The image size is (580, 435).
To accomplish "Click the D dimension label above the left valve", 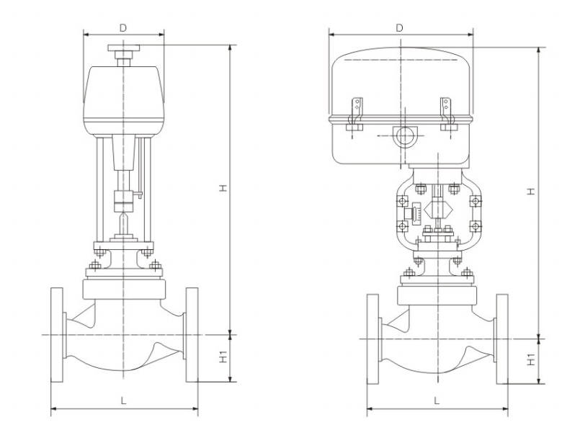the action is click(123, 28).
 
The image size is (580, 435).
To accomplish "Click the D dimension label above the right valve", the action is click(399, 28).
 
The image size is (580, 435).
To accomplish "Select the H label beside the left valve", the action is click(223, 188).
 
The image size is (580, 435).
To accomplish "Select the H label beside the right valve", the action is click(531, 192).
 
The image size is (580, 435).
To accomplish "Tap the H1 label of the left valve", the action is click(223, 357).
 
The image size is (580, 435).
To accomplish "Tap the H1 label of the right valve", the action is click(531, 359).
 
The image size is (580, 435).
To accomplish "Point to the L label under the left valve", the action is click(123, 400).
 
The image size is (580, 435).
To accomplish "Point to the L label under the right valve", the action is click(437, 400).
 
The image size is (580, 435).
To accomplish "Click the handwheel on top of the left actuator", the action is click(124, 48).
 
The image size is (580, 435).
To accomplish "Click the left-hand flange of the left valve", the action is click(57, 335).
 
